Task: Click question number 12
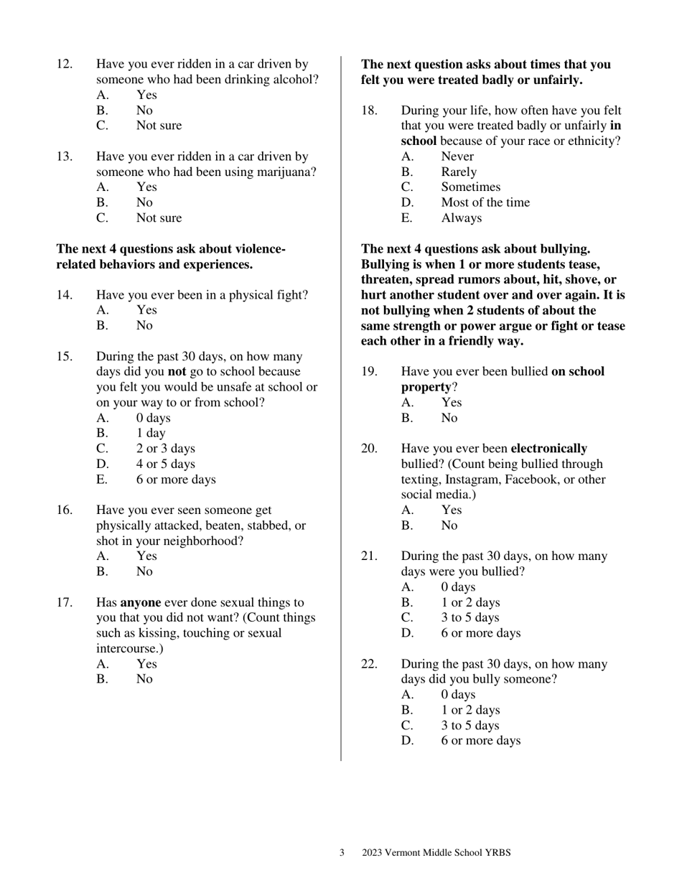pos(65,65)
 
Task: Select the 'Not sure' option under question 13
pos(159,218)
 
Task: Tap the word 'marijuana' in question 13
pos(284,172)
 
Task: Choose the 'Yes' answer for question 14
pos(146,310)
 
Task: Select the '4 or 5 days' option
pos(165,464)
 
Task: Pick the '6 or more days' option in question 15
pos(175,480)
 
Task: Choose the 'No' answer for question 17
pos(144,679)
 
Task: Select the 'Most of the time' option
pos(485,202)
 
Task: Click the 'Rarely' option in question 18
pos(458,172)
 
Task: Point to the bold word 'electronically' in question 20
pos(548,449)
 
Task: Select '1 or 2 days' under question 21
pos(470,602)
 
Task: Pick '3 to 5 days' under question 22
pos(470,726)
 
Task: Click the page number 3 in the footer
pos(342,853)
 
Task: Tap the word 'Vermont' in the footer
pos(404,853)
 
